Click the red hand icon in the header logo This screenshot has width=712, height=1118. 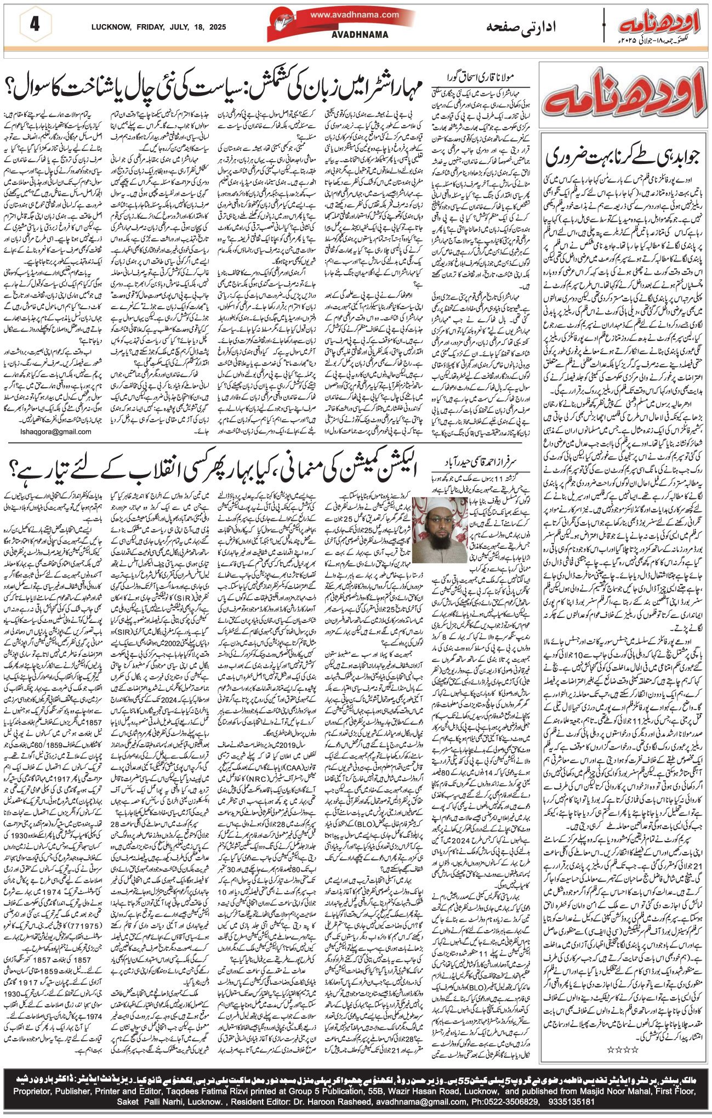click(282, 22)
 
